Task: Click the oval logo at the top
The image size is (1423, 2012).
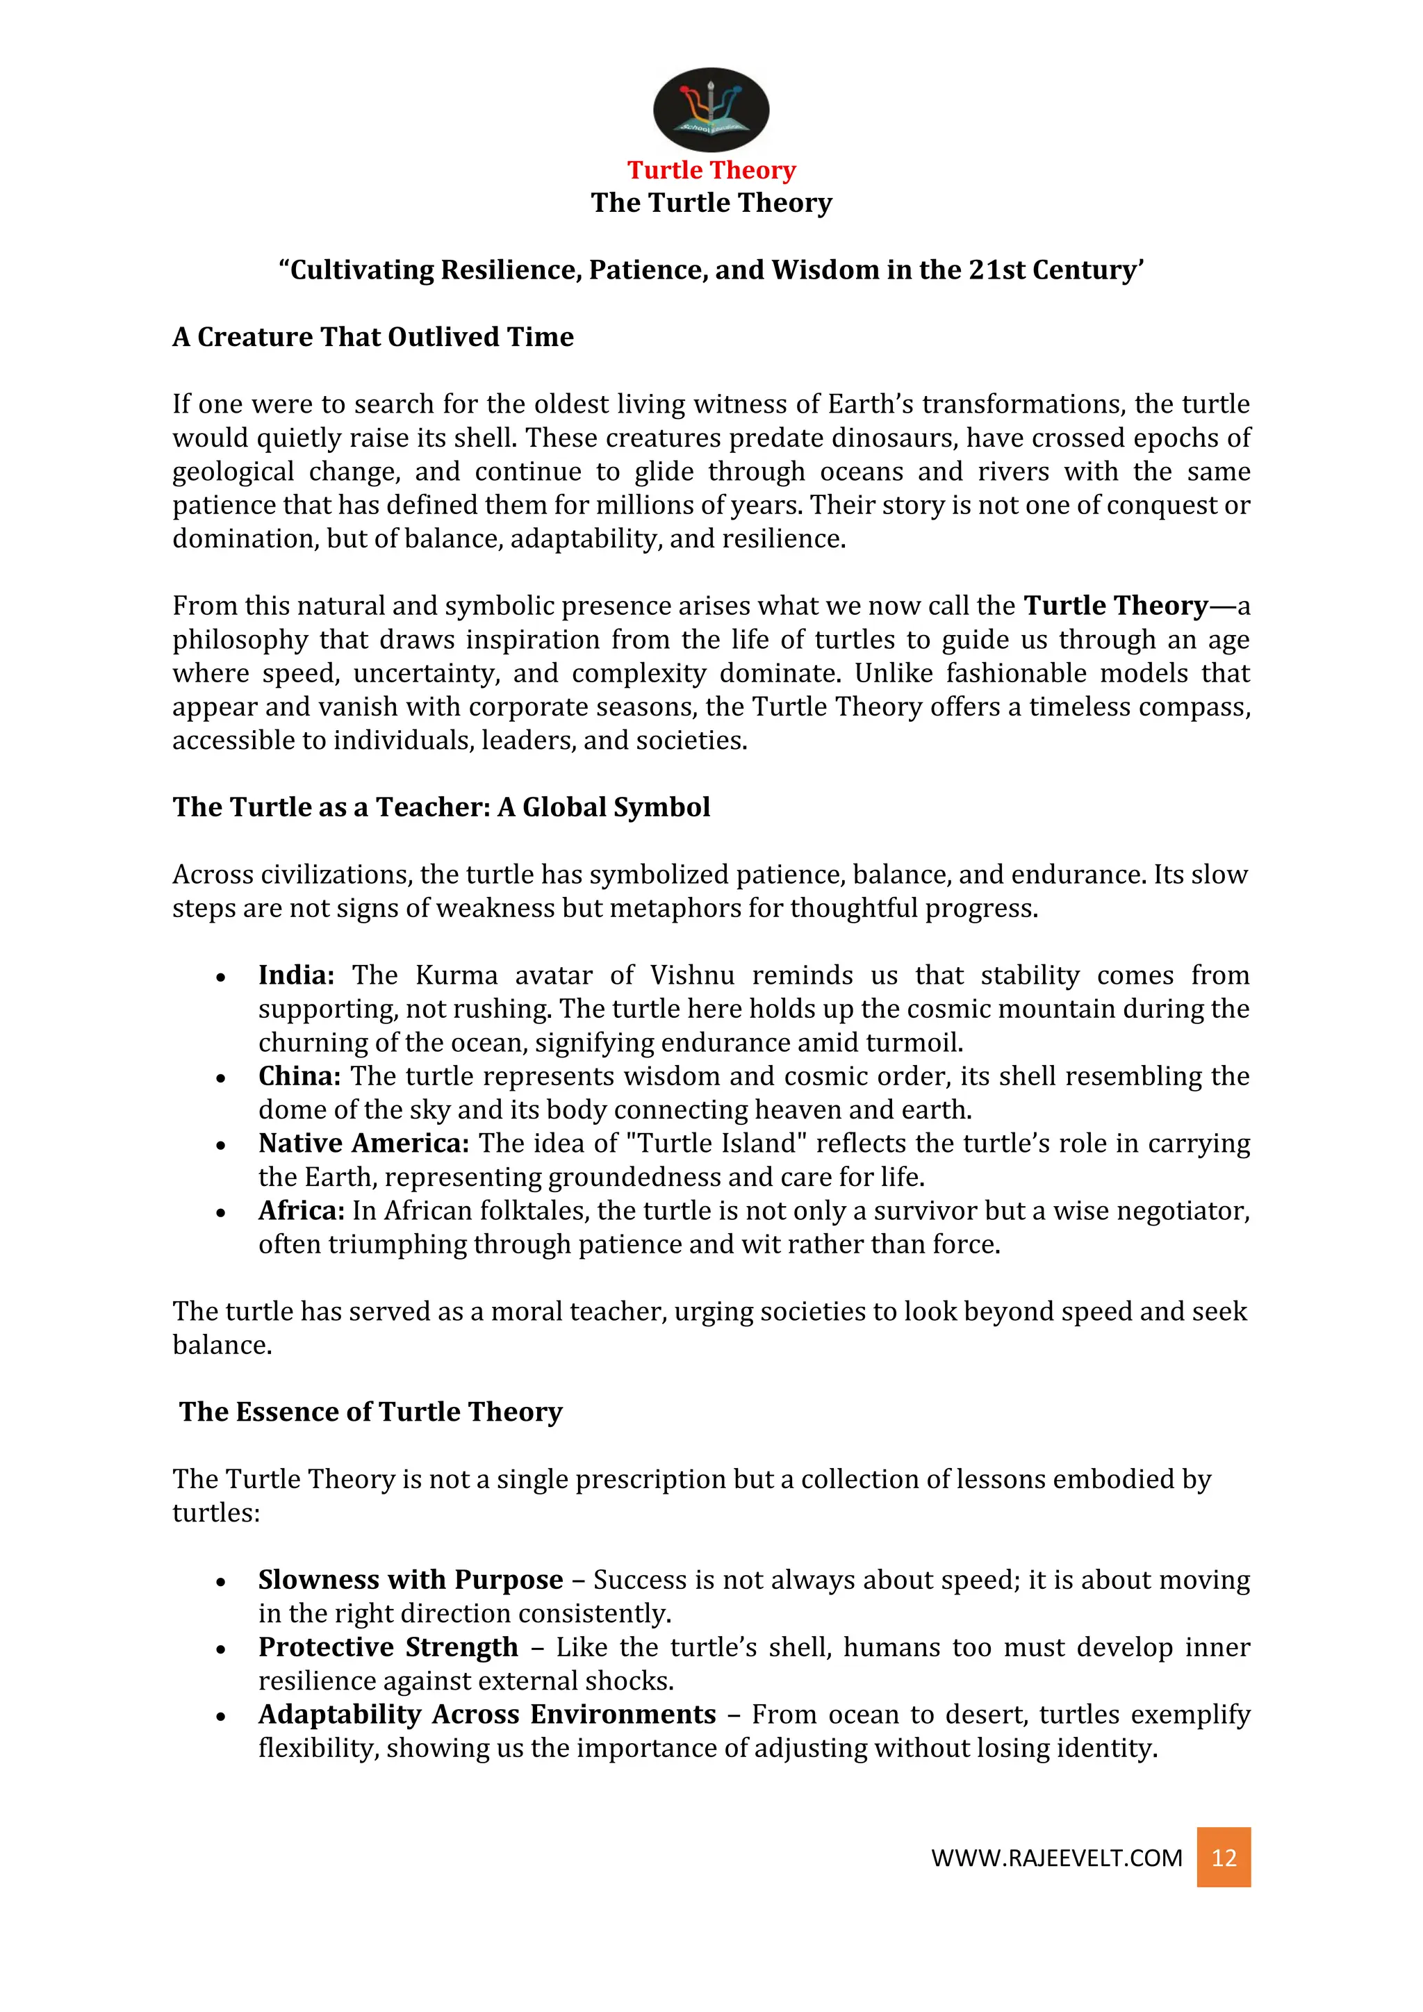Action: tap(711, 110)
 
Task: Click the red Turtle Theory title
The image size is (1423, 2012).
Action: tap(711, 170)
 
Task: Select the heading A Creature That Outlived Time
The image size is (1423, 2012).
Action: tap(372, 336)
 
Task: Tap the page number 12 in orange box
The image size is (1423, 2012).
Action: tap(1223, 1857)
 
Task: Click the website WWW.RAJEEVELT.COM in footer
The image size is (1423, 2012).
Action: tap(1056, 1858)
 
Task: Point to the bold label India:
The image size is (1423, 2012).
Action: tap(296, 975)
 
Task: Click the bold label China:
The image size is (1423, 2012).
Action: tap(299, 1075)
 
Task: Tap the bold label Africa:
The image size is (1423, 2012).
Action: tap(302, 1210)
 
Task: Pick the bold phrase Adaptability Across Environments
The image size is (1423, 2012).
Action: tap(486, 1714)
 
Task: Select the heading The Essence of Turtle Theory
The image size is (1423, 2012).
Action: tap(370, 1412)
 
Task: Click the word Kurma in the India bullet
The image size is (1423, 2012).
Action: tap(456, 975)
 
